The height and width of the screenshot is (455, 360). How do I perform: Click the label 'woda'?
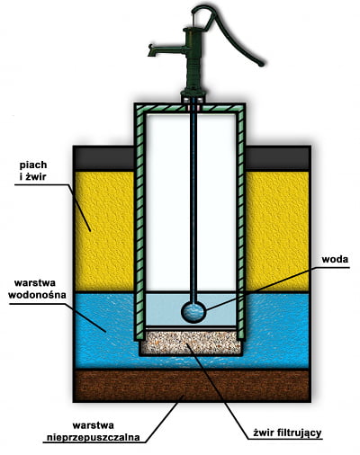coord(335,259)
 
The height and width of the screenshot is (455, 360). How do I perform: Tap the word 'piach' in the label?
coord(33,165)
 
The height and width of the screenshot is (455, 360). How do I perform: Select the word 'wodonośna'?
coord(37,295)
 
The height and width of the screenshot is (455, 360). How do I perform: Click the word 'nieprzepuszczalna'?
coord(94,437)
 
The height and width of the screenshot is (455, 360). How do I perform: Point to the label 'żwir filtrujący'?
coord(287,433)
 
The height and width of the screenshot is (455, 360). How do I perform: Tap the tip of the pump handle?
coord(261,64)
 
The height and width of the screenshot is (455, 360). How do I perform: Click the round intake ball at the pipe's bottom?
coord(193,312)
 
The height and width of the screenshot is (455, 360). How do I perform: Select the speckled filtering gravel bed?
coord(191,343)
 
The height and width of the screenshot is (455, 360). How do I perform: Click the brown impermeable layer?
coord(192,386)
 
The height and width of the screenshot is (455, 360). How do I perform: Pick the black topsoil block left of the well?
coord(103,157)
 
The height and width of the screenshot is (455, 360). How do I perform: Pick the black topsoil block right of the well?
coord(278,157)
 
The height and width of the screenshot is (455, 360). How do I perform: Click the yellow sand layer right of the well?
coord(277,231)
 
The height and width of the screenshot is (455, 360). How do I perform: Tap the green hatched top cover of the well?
coord(190,108)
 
